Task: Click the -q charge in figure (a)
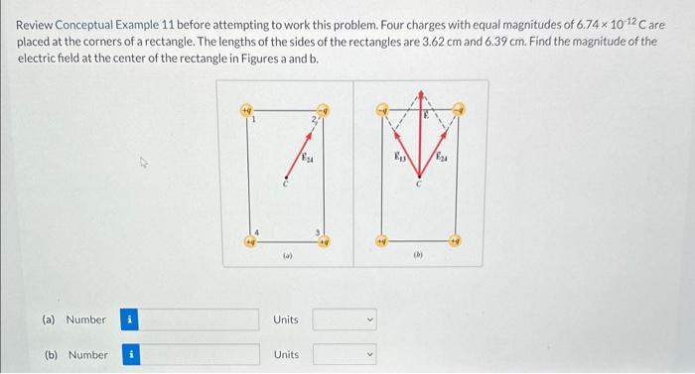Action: [322, 108]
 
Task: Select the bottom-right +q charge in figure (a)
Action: [322, 239]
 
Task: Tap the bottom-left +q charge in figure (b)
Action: [381, 239]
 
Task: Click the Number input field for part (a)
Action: [205, 319]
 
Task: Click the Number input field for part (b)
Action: [205, 354]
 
